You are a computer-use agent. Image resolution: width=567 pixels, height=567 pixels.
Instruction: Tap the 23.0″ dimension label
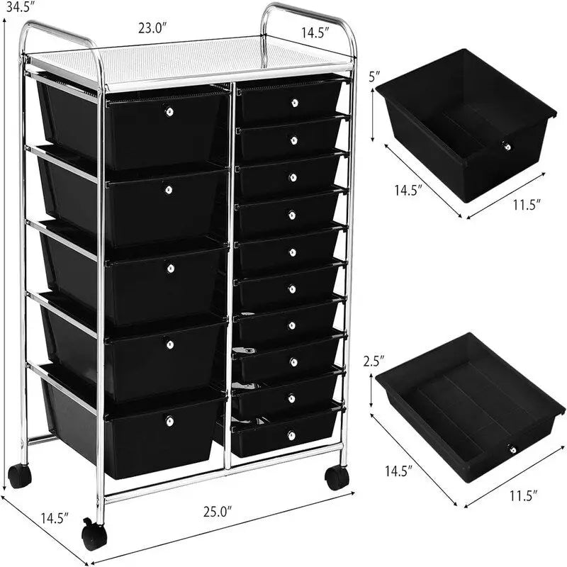coord(152,30)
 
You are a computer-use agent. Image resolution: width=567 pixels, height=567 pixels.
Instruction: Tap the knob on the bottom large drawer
coord(169,421)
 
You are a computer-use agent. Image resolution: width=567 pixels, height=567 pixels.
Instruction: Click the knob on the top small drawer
coord(294,103)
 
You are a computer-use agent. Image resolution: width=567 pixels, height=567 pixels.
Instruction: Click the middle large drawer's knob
coord(169,267)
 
